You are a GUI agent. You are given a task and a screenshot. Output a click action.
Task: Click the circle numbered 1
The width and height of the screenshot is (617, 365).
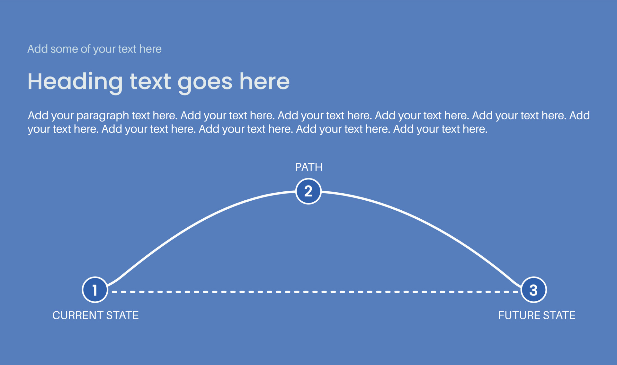point(95,290)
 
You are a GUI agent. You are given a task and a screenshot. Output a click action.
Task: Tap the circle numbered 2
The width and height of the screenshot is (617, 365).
point(308,191)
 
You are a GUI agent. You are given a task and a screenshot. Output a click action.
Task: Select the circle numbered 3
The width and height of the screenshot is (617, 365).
point(533,290)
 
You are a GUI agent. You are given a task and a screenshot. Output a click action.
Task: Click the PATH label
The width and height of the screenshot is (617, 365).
point(308,167)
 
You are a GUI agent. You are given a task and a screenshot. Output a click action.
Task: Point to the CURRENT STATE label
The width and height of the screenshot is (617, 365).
point(95,315)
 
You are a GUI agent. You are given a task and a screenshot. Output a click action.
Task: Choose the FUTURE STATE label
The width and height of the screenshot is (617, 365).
point(537,315)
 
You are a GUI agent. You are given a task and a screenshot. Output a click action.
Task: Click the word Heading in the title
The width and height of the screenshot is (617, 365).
point(75,82)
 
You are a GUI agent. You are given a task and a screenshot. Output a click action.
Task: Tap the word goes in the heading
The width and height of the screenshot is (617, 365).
point(205,82)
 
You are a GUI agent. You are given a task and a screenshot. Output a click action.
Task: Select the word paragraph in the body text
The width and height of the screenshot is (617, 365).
point(103,116)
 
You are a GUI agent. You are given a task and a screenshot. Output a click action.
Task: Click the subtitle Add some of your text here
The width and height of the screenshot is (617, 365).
point(94,49)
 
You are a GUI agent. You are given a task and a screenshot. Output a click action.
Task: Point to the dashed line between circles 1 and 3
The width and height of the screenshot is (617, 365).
point(315,292)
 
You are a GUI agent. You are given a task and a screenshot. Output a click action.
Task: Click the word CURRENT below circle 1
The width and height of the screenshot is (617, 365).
point(77,315)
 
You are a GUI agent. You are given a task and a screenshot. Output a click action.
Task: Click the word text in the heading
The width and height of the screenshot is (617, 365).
point(150,82)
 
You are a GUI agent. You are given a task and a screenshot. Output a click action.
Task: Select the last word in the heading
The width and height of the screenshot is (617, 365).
point(264,82)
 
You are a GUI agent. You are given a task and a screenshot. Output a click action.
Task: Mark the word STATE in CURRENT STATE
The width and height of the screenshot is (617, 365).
point(122,315)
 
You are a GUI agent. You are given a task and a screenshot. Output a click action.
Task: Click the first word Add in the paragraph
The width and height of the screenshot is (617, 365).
point(38,115)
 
